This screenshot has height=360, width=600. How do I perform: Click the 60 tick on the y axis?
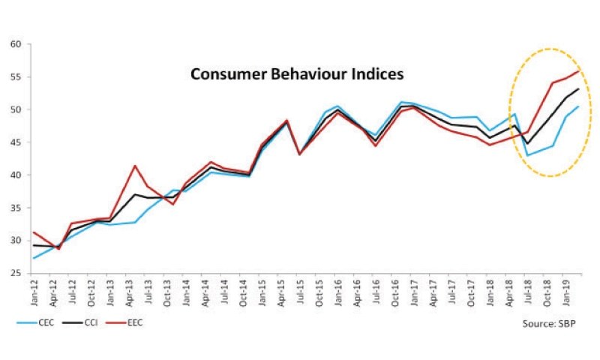coord(16,44)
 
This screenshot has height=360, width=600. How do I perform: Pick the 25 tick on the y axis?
coord(16,274)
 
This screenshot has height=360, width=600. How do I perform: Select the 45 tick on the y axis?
coord(16,142)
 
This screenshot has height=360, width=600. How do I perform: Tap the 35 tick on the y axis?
coord(16,208)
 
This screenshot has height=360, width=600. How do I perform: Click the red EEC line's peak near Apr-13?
coord(134,166)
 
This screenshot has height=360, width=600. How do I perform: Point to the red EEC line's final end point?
coord(578,71)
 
